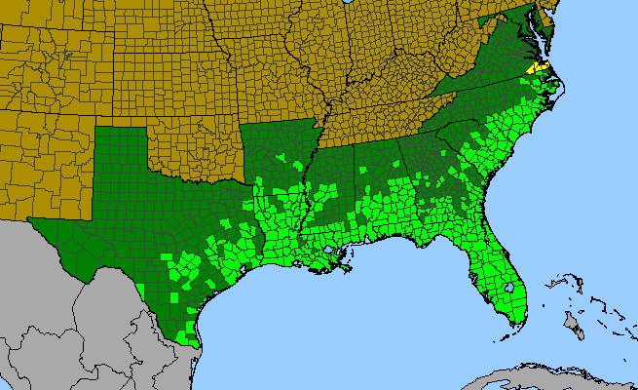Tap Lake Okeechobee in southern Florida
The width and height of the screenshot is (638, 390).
pyautogui.click(x=508, y=290)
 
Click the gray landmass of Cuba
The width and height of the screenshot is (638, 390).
pyautogui.click(x=545, y=376)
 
